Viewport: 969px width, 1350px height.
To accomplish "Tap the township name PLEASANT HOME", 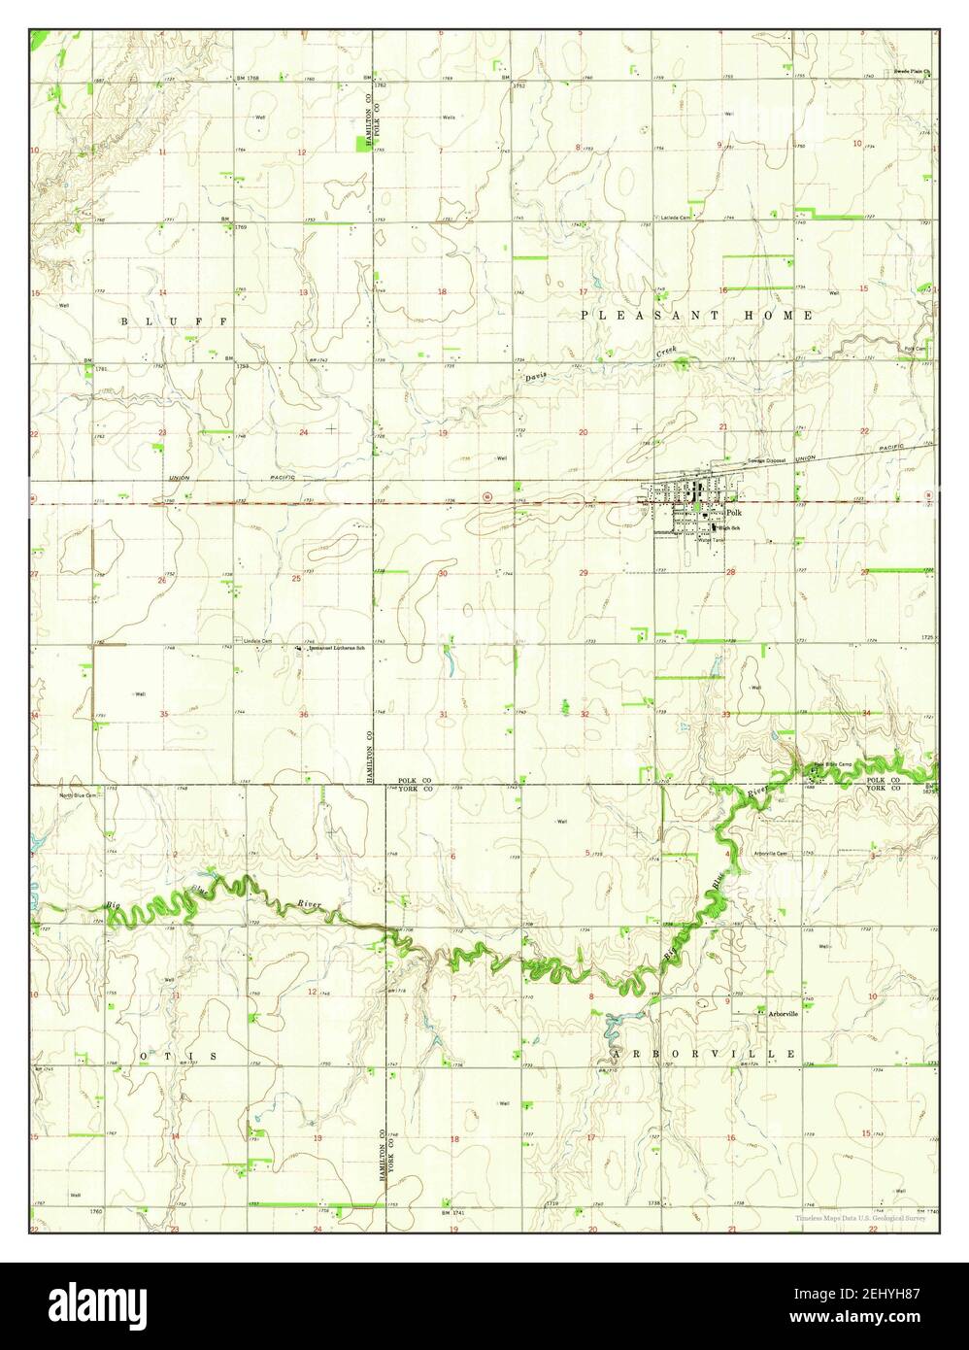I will (697, 316).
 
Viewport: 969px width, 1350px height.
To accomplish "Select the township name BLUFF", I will (174, 320).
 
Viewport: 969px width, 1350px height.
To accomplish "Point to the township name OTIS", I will (176, 1055).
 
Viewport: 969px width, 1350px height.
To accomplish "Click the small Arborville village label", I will (783, 1014).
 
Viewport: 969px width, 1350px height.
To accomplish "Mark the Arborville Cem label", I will (770, 854).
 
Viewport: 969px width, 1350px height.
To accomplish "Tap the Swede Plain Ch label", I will (912, 72).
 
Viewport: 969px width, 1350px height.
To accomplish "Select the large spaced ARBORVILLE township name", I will (704, 1054).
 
